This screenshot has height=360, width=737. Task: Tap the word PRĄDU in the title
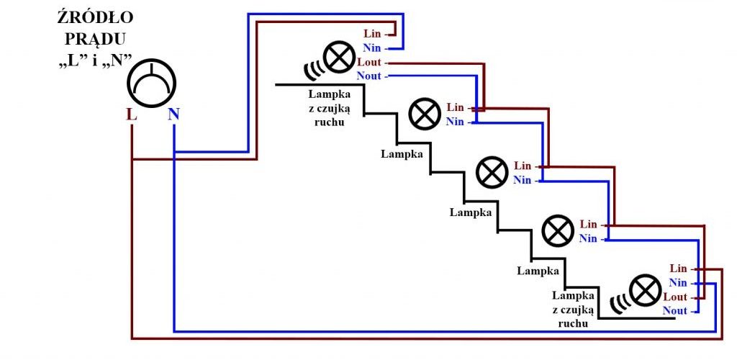click(96, 39)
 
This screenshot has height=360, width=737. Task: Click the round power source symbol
click(151, 84)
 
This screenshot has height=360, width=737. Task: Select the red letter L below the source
click(132, 114)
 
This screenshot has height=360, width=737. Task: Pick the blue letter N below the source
click(173, 114)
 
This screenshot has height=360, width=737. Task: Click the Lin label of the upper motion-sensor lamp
click(372, 34)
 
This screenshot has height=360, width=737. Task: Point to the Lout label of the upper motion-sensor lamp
click(369, 62)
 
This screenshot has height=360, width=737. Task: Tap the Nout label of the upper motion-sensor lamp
click(369, 76)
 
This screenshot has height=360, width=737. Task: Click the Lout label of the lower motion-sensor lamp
click(675, 297)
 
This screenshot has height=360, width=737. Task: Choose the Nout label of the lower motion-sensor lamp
click(675, 310)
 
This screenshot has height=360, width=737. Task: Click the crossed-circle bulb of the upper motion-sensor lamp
click(340, 57)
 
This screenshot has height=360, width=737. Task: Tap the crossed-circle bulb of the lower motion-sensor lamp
click(646, 292)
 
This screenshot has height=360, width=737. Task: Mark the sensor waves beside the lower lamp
click(620, 303)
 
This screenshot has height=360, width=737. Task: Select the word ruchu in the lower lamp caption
click(573, 324)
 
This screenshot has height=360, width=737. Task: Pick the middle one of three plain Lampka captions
click(471, 212)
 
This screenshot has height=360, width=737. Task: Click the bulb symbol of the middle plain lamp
click(492, 173)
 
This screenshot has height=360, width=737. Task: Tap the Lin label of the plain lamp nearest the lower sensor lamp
click(589, 224)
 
